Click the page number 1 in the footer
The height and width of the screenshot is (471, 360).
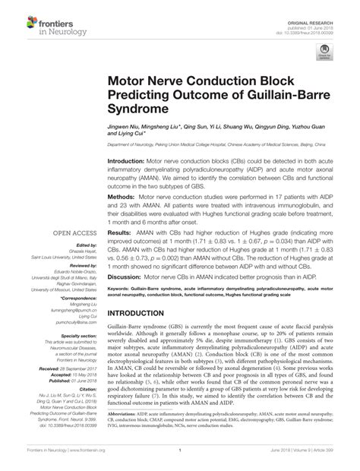point(180,460)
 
